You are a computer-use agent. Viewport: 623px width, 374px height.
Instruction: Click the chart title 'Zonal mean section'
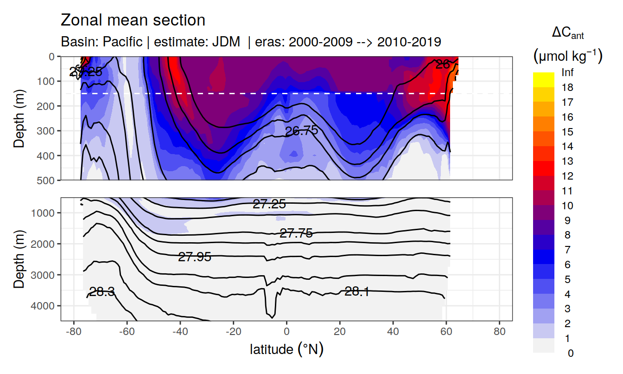click(133, 20)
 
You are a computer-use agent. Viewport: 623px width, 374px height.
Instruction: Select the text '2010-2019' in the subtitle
click(409, 42)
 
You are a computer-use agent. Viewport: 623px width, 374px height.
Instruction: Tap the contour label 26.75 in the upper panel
click(301, 131)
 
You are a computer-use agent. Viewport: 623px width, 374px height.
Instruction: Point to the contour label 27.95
click(195, 257)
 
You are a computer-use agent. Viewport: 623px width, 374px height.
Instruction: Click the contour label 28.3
click(102, 292)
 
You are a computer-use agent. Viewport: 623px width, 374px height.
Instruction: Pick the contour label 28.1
click(357, 291)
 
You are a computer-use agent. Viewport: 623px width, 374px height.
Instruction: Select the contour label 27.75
click(296, 233)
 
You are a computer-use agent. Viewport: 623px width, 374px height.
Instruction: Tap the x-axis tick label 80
click(499, 333)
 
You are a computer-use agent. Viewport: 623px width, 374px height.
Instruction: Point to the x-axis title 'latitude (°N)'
click(286, 349)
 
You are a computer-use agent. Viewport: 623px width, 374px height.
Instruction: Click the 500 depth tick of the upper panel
click(48, 180)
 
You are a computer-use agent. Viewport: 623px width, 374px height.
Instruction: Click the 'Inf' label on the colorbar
click(567, 73)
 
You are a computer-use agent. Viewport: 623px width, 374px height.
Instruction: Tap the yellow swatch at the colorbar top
click(543, 76)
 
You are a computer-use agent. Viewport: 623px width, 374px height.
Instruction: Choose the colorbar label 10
click(567, 206)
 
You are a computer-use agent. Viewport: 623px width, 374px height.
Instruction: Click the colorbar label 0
click(570, 353)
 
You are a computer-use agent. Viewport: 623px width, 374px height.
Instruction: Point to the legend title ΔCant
click(567, 33)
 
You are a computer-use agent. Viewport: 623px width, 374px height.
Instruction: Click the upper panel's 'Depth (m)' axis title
click(19, 118)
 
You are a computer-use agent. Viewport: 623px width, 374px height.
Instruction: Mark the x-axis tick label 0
click(286, 333)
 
